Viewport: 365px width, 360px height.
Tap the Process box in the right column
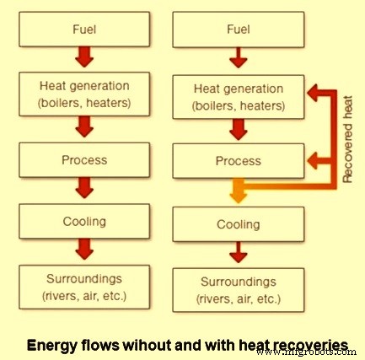pos(239,160)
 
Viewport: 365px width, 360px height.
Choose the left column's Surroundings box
pos(84,287)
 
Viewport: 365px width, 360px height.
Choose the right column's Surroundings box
pos(239,289)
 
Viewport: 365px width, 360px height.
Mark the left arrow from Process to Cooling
pos(84,186)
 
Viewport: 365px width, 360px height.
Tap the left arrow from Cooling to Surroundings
pos(84,250)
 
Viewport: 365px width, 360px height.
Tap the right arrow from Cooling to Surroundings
pos(239,253)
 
